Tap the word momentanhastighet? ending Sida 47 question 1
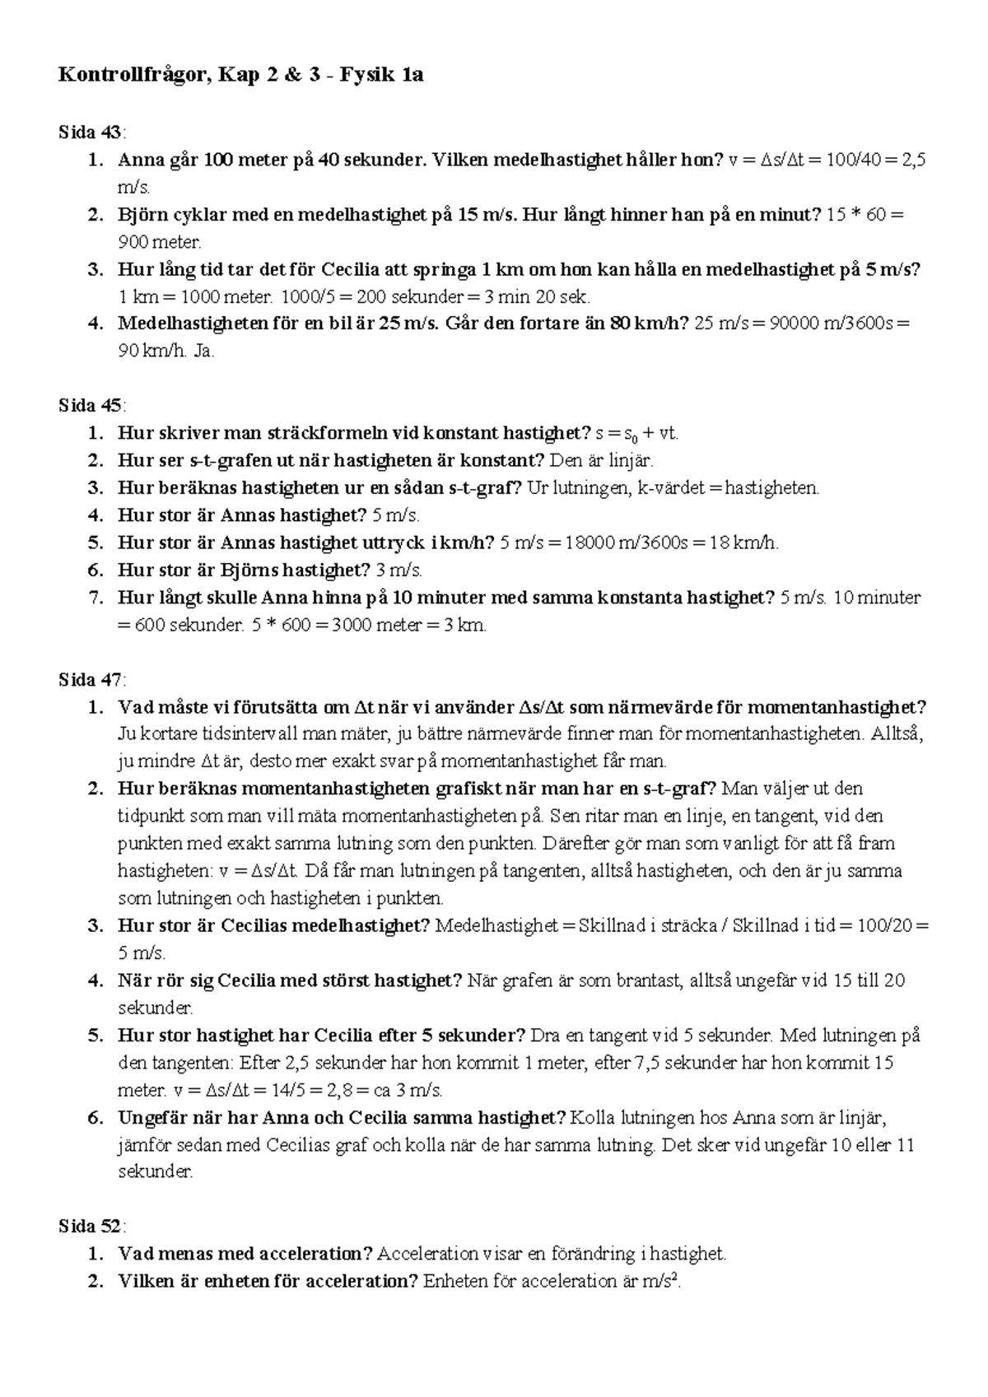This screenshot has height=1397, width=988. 837,707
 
